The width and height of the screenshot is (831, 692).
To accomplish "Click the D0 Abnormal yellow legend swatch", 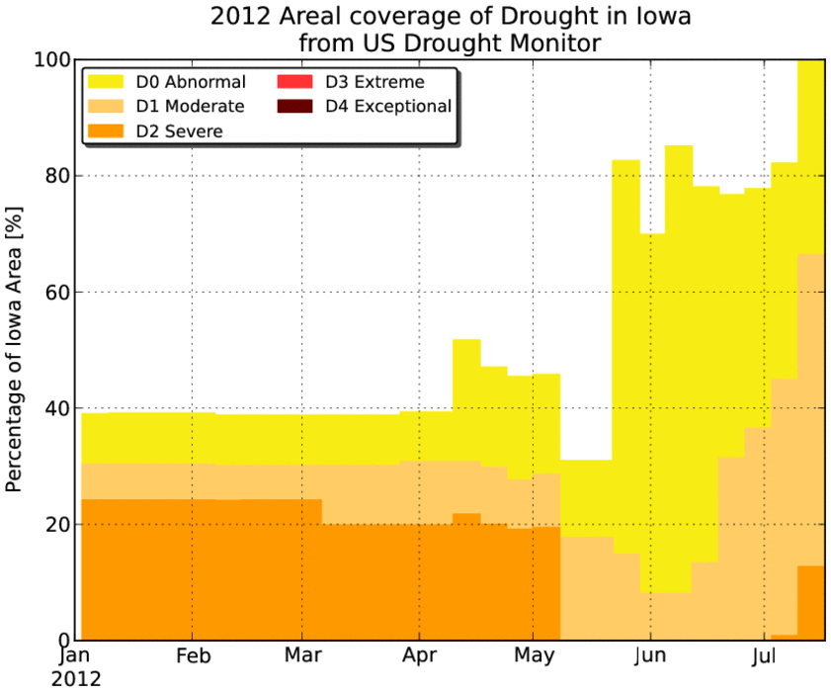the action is tap(106, 82).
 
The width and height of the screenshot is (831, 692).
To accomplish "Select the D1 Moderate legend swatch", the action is tap(106, 106).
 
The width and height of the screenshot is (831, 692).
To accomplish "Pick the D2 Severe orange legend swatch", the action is tap(106, 130).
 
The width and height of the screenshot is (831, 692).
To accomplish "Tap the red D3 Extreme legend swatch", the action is tap(294, 82).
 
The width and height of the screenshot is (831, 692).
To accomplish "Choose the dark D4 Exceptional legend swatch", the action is tap(294, 106).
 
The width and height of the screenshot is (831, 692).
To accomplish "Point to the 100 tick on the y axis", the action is tap(52, 59).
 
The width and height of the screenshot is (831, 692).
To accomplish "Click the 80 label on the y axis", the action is tap(58, 176).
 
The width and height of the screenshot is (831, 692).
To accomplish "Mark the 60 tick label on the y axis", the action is tap(58, 292).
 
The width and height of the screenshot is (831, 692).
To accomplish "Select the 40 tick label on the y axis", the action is tap(58, 407).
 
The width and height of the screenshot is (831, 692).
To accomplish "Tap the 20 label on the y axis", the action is tap(58, 524).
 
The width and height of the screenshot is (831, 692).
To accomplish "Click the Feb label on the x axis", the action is tap(194, 656).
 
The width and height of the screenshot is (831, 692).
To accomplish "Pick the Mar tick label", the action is tap(303, 654).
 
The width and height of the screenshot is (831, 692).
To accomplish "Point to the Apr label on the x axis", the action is tap(419, 656).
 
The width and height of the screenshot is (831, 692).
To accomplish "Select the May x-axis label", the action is tap(535, 656).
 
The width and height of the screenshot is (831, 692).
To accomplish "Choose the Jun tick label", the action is tap(651, 656).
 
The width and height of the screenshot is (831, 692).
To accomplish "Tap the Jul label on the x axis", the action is tap(764, 656).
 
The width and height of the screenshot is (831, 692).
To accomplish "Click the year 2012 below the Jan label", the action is tap(76, 679).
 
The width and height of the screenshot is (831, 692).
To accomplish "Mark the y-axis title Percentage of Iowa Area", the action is tap(14, 350).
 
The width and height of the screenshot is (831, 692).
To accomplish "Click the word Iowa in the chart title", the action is tap(663, 16).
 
